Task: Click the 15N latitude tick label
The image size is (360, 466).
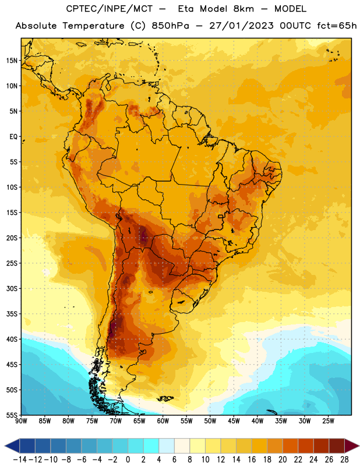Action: pyautogui.click(x=12, y=61)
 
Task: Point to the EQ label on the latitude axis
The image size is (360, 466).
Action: pyautogui.click(x=13, y=137)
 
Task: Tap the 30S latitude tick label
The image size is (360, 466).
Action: pyautogui.click(x=12, y=288)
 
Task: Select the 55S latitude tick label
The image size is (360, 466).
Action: pyautogui.click(x=12, y=415)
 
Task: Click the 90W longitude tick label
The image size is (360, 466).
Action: pyautogui.click(x=21, y=421)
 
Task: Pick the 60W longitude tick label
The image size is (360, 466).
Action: pyautogui.click(x=163, y=421)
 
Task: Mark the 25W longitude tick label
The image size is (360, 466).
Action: pyautogui.click(x=328, y=421)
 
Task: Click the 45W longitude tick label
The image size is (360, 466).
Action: pyautogui.click(x=234, y=421)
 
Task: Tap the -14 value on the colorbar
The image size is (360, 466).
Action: pyautogui.click(x=20, y=460)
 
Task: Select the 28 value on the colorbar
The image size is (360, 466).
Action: pyautogui.click(x=344, y=460)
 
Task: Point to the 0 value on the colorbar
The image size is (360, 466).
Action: pyautogui.click(x=128, y=460)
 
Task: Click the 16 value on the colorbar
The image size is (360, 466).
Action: pyautogui.click(x=252, y=460)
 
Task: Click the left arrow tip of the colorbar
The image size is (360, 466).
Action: pyautogui.click(x=5, y=446)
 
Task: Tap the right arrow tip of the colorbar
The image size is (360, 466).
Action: pyautogui.click(x=359, y=446)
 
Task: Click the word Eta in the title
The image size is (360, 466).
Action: pyautogui.click(x=185, y=9)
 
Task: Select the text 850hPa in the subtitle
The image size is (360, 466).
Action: pyautogui.click(x=170, y=26)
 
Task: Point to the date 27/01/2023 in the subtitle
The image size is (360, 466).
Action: pyautogui.click(x=241, y=26)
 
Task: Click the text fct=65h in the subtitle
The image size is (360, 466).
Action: pyautogui.click(x=337, y=26)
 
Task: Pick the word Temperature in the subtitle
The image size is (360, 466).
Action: pyautogui.click(x=93, y=26)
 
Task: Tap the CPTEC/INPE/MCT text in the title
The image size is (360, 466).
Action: pyautogui.click(x=109, y=9)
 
